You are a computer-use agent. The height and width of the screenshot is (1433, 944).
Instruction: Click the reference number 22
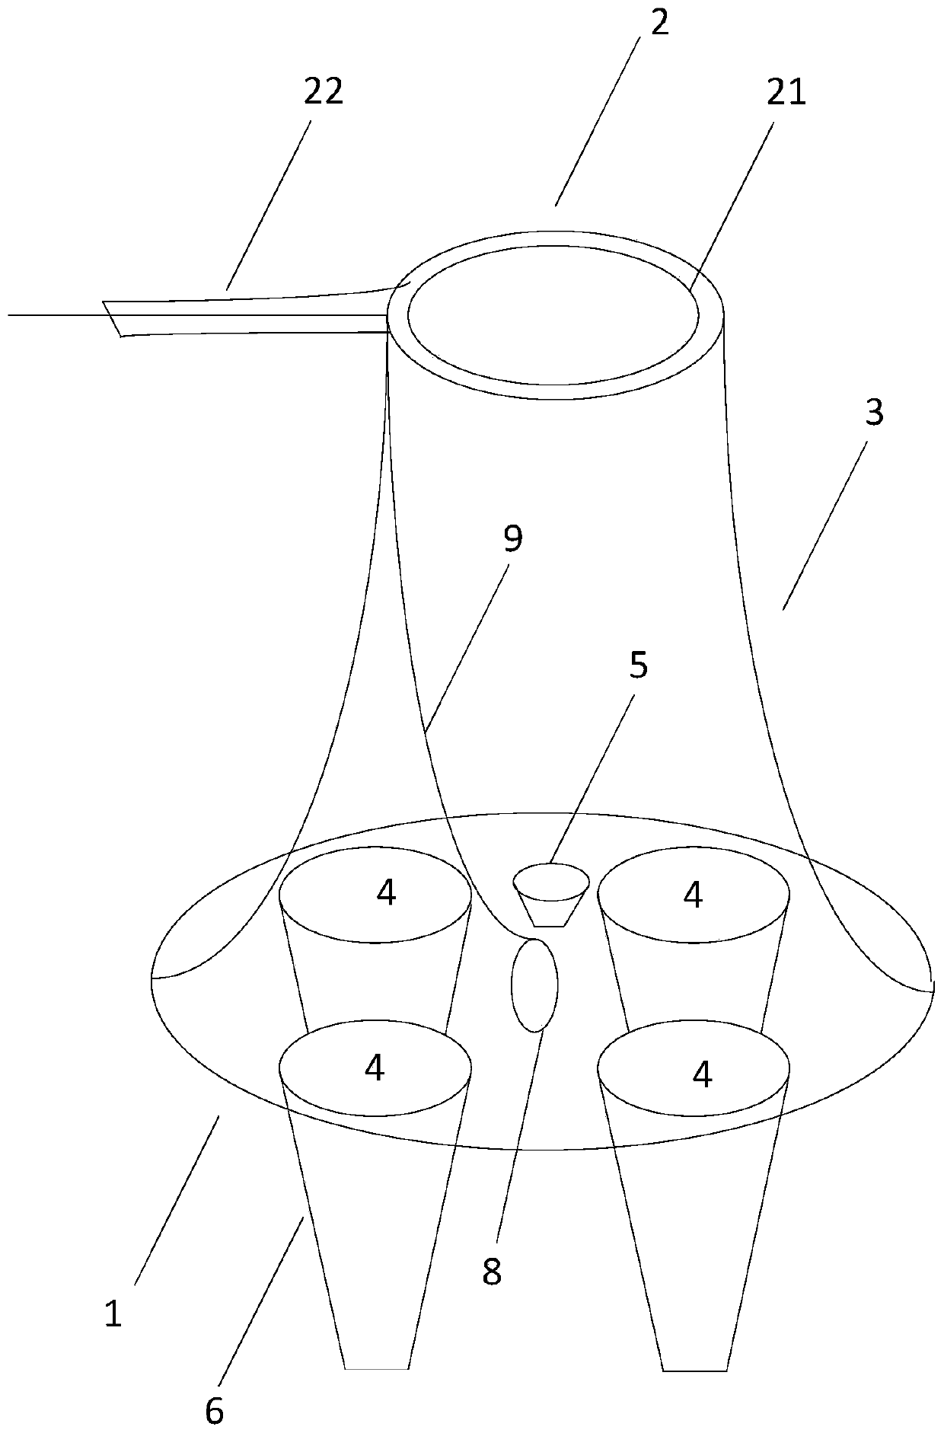tap(324, 91)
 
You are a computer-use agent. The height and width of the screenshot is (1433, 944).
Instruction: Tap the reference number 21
tap(786, 93)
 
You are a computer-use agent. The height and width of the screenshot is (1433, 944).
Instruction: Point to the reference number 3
tap(874, 412)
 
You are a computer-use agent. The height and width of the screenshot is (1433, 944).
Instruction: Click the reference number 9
tap(513, 538)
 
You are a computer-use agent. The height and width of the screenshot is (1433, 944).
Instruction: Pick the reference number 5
tap(638, 665)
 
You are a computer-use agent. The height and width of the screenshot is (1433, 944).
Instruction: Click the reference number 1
tap(113, 1315)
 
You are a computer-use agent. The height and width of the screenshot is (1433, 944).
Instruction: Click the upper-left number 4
tap(387, 892)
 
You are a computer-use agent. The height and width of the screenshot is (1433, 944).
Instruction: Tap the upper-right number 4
tap(693, 895)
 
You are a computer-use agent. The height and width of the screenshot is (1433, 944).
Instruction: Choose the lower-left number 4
tap(375, 1068)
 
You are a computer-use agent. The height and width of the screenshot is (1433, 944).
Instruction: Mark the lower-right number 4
tap(703, 1074)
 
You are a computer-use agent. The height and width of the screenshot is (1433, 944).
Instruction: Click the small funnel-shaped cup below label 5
tap(551, 894)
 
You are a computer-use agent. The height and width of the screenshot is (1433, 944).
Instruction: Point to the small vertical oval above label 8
tap(534, 985)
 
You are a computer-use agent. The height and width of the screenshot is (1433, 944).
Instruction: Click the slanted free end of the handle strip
tap(112, 318)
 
